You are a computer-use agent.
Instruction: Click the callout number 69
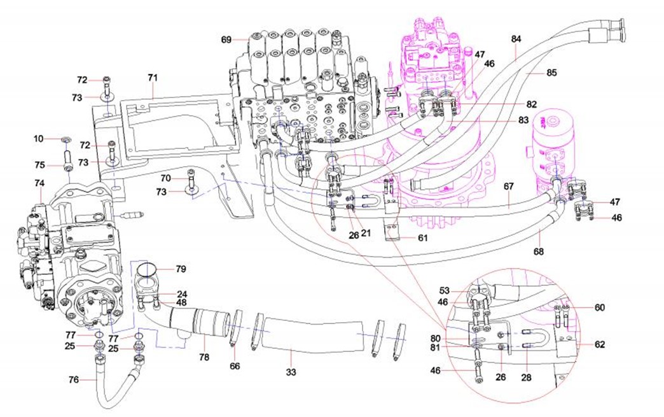(x=226, y=39)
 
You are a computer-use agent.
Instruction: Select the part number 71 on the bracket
(x=153, y=78)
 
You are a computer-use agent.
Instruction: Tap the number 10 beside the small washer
(x=38, y=138)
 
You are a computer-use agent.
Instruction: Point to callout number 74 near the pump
(x=39, y=183)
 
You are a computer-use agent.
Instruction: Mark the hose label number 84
(x=516, y=39)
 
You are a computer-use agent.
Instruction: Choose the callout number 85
(x=551, y=73)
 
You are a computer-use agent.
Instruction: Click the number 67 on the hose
(x=508, y=187)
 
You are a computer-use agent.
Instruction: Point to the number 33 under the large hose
(x=291, y=371)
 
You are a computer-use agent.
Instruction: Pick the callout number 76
(x=74, y=379)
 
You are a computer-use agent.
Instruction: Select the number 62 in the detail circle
(x=600, y=345)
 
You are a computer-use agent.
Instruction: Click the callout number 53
(x=443, y=290)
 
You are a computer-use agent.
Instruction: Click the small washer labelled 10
(x=67, y=139)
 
